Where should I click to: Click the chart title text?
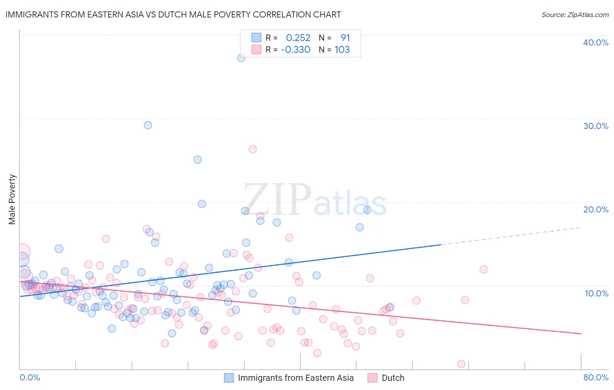(x=173, y=14)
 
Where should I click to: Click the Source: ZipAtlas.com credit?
(x=575, y=14)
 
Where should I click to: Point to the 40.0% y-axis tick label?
(x=595, y=42)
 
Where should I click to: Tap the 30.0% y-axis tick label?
(x=595, y=126)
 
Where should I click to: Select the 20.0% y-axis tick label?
(x=595, y=209)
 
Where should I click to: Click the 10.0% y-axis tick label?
(x=596, y=293)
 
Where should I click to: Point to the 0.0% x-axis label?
(x=30, y=377)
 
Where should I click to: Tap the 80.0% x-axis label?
(x=596, y=377)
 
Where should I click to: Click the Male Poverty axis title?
(x=12, y=199)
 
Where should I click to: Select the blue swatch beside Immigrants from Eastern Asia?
(x=229, y=378)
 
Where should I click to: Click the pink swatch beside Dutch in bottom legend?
(x=372, y=378)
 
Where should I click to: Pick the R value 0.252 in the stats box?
(x=298, y=38)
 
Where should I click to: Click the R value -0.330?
(x=296, y=50)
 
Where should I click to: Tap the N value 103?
(x=342, y=50)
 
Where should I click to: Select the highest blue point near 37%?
(x=241, y=58)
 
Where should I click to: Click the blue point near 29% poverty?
(x=148, y=125)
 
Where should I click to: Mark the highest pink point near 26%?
(x=252, y=149)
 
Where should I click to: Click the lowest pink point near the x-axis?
(x=461, y=364)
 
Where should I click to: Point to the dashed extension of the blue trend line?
(x=511, y=236)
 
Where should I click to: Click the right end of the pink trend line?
(x=580, y=334)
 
